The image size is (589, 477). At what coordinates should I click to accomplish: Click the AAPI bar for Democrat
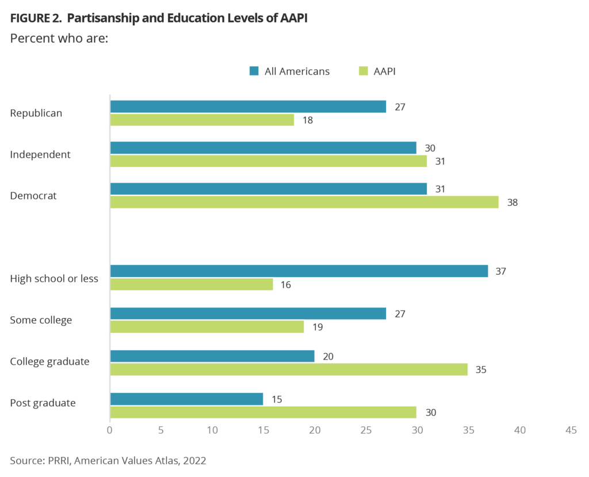click(304, 202)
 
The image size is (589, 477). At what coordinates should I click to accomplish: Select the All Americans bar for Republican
click(248, 107)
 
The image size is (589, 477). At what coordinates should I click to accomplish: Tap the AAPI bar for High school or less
click(192, 285)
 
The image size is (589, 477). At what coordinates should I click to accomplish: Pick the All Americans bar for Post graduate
click(186, 399)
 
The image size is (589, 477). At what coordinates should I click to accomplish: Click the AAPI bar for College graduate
click(289, 370)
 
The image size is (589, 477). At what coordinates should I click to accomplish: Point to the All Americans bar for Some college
click(248, 313)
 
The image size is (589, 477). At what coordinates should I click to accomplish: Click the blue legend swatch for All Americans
click(254, 71)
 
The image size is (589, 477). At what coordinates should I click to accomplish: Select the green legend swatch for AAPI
click(362, 71)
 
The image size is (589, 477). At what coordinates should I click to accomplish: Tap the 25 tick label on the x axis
click(366, 430)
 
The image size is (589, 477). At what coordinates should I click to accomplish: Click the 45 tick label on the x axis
click(571, 430)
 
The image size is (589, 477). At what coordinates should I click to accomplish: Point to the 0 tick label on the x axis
click(110, 430)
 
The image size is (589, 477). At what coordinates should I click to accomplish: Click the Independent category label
click(40, 154)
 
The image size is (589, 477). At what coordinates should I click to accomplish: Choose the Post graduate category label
click(43, 403)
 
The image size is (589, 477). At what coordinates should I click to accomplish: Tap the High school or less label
click(55, 279)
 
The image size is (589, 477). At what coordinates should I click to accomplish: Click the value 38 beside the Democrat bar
click(512, 203)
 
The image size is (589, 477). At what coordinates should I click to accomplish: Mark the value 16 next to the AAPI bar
click(286, 285)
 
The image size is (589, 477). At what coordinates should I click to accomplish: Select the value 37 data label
click(502, 271)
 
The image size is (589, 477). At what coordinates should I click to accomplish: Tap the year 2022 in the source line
click(194, 460)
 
